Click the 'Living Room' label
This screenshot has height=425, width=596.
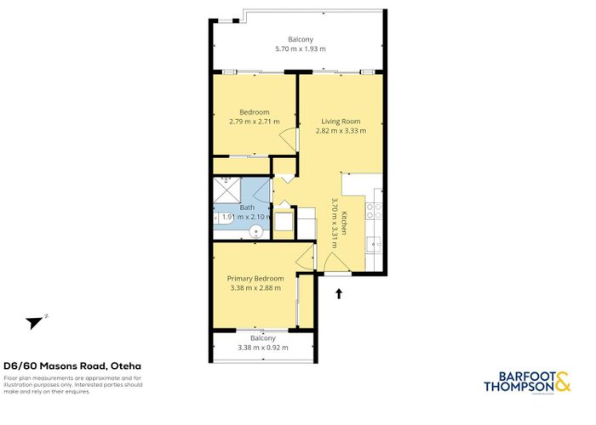coord(341,121)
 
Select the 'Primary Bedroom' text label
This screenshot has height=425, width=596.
coord(255,278)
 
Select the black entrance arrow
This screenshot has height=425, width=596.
coord(340,294)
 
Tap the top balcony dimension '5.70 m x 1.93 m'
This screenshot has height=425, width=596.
coord(300,49)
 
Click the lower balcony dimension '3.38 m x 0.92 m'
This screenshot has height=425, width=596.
coord(262,347)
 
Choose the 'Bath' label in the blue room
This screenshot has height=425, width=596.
coord(247,207)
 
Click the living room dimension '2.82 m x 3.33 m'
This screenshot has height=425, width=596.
coord(341,131)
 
